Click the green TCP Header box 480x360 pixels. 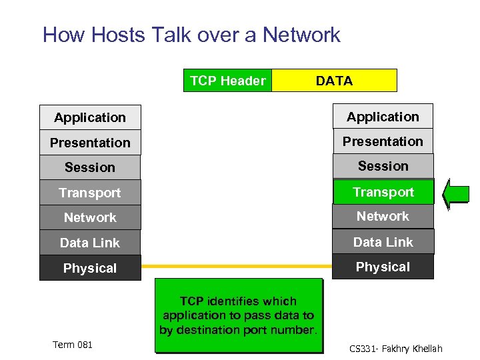click(228, 81)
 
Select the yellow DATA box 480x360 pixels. click(334, 81)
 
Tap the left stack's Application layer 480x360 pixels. click(90, 117)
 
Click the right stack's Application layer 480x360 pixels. click(383, 117)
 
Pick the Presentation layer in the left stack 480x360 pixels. click(90, 143)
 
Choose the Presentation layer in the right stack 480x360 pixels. click(383, 141)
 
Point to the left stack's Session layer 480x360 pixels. click(90, 167)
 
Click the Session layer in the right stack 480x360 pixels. click(383, 166)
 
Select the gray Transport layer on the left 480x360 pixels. click(90, 193)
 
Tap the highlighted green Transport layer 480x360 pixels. click(383, 192)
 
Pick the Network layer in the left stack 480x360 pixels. click(90, 217)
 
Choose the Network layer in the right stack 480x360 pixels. click(383, 216)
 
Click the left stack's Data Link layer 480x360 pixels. click(90, 243)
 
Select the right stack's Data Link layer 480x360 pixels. click(383, 242)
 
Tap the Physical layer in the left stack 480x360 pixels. click(90, 268)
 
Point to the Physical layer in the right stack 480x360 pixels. click(383, 267)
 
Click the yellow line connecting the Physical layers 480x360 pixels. click(237, 265)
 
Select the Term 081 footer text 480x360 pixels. click(73, 345)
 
